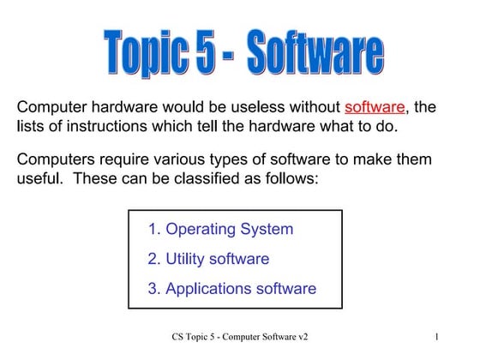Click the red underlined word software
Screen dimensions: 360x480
pyautogui.click(x=375, y=107)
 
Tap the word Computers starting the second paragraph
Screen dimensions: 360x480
pyautogui.click(x=57, y=160)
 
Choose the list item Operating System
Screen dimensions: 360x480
pyautogui.click(x=220, y=229)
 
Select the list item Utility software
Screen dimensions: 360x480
pyautogui.click(x=208, y=258)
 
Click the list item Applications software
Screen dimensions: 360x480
pyautogui.click(x=231, y=288)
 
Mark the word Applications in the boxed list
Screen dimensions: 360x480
pyautogui.click(x=207, y=288)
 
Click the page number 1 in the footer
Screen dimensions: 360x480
pyautogui.click(x=436, y=336)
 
